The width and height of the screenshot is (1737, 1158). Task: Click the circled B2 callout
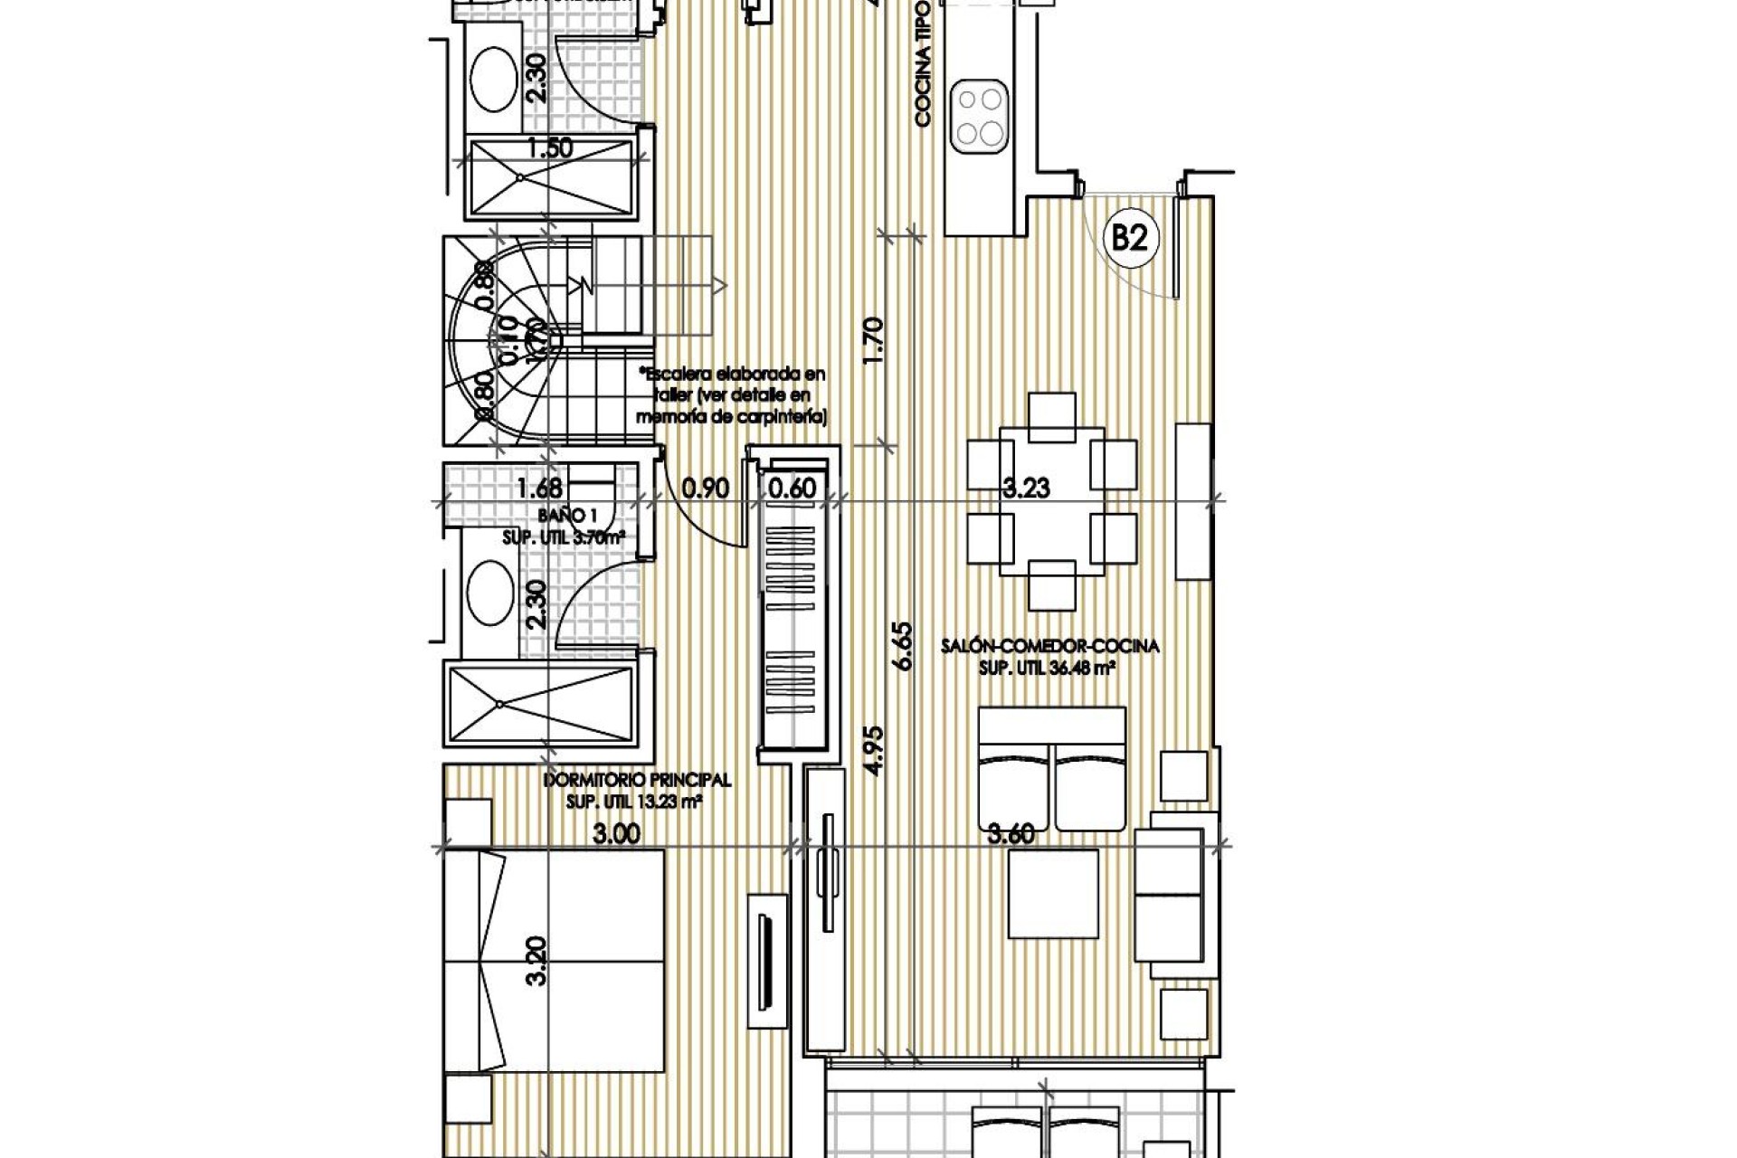pos(1130,238)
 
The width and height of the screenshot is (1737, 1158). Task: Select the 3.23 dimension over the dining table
pos(1026,489)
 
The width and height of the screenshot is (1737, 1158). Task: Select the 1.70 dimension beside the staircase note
pos(873,340)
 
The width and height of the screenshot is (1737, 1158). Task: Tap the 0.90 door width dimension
pos(705,489)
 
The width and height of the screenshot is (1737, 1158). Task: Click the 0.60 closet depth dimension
pos(792,489)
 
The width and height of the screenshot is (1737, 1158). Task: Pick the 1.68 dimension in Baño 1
pos(539,489)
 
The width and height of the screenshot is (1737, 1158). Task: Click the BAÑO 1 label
pos(561,516)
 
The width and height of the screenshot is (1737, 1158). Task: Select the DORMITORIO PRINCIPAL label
pos(637,780)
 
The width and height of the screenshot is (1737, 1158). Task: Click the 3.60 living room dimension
pos(1011,833)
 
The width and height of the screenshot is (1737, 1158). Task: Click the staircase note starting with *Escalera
pos(731,395)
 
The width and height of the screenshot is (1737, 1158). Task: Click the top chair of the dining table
pos(1052,416)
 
